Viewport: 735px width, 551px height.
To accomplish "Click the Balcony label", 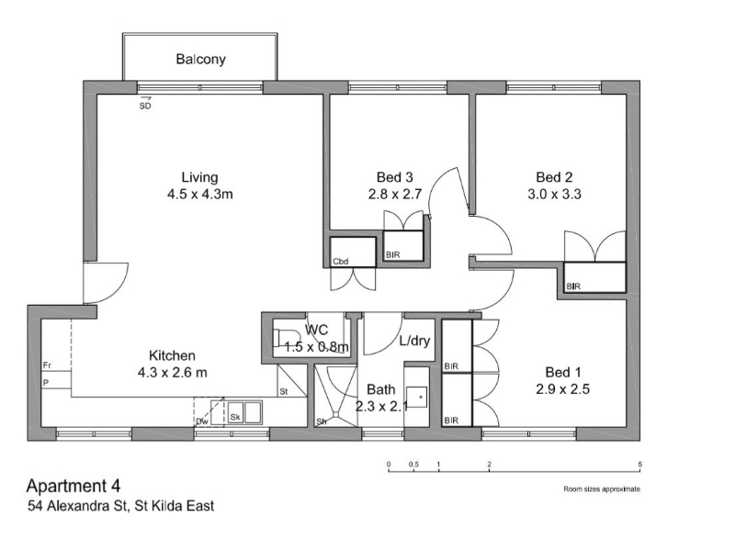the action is [200, 59].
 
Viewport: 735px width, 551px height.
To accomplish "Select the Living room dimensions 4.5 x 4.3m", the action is [200, 194].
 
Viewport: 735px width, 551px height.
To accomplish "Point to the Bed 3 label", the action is [395, 177].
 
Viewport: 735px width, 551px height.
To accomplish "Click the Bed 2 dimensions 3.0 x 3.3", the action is [554, 194].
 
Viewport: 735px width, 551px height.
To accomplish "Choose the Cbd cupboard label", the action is [340, 262].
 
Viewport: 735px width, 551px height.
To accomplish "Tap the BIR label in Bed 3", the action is [393, 255].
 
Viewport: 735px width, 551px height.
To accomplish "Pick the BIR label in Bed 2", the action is [573, 286].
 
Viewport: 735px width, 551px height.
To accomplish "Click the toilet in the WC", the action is [287, 337].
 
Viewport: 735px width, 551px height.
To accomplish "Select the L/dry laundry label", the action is [414, 341].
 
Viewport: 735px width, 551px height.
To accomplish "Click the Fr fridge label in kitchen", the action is [47, 365].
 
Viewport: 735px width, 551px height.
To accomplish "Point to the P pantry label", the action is [46, 383].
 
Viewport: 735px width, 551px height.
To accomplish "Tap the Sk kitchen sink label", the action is [235, 417].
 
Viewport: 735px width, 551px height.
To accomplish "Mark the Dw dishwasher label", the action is [202, 422].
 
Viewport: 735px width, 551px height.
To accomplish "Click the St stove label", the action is [284, 391].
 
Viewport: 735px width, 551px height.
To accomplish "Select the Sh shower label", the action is [322, 422].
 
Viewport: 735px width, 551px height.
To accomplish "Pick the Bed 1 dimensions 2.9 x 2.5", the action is [562, 388].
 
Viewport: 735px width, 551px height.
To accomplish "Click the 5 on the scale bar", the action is [639, 465].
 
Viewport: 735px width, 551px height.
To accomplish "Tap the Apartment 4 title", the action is [73, 486].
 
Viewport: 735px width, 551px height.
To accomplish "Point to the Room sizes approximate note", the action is [602, 489].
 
